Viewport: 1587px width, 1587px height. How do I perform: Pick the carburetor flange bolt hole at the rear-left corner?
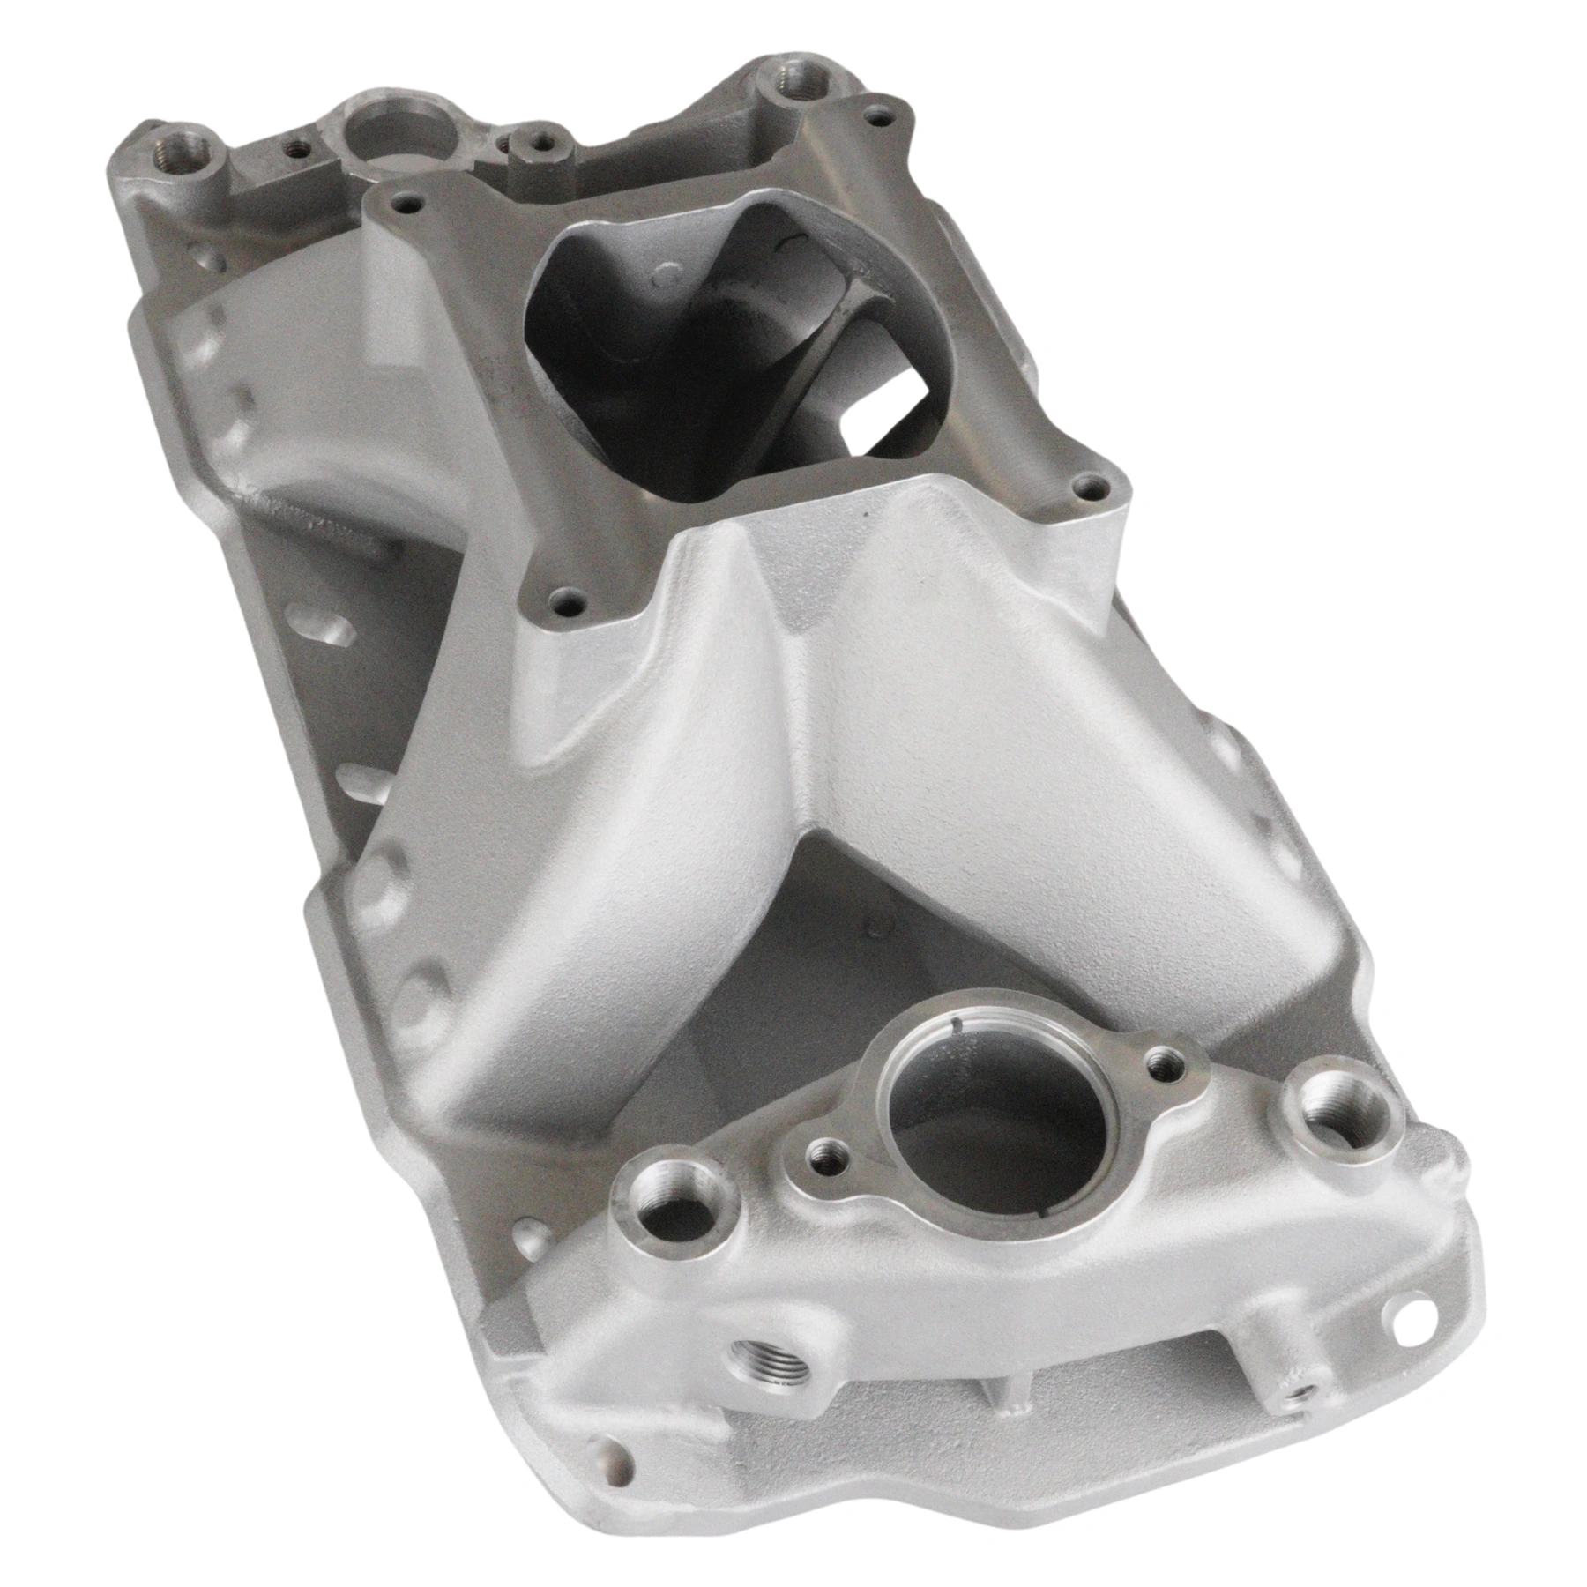[x=403, y=204]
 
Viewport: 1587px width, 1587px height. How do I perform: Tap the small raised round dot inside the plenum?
[x=659, y=279]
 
